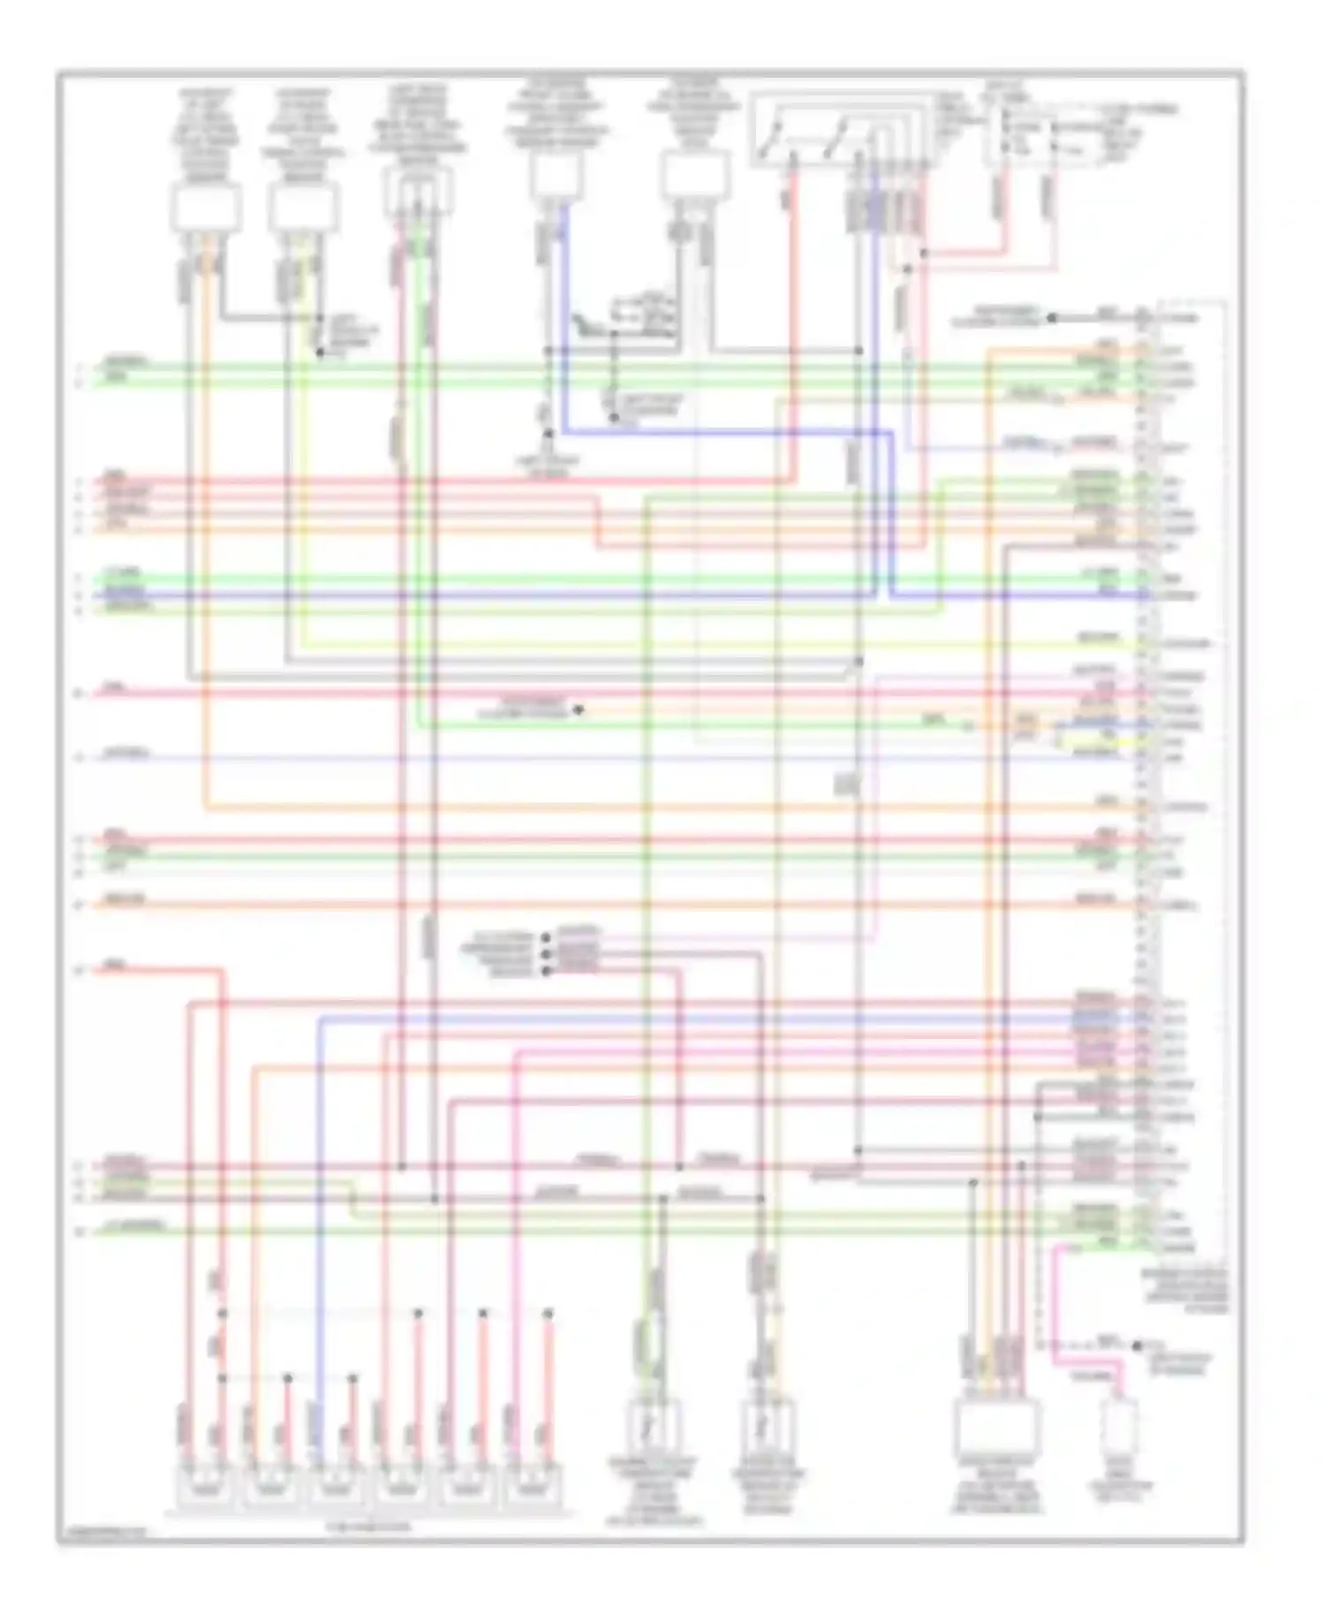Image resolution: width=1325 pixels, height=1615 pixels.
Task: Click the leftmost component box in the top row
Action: [205, 210]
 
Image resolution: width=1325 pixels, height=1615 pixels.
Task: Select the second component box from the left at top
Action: [304, 210]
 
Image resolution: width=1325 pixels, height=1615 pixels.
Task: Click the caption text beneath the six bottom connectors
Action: [369, 1526]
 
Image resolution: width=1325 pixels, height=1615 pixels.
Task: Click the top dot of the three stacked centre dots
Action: [546, 937]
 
